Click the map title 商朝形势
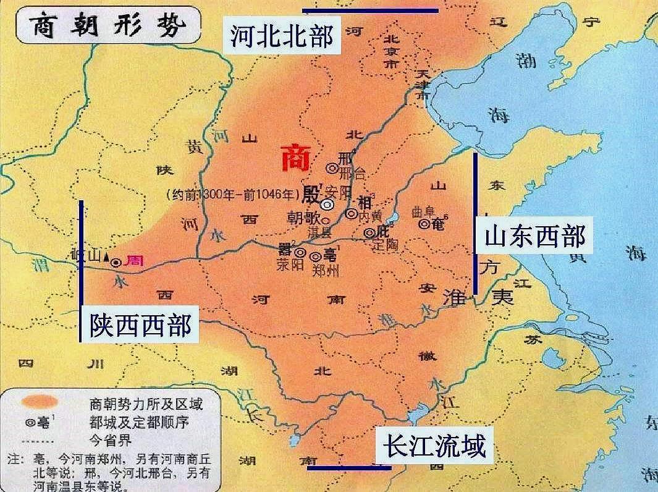tap(106, 25)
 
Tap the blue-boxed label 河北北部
tap(282, 36)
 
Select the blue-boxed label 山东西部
tap(535, 235)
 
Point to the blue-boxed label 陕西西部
tap(140, 324)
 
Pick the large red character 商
tap(295, 159)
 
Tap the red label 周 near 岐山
tap(133, 261)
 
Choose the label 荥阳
tap(290, 265)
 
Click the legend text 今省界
tap(111, 440)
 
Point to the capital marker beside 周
tap(116, 262)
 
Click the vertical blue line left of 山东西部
tap(475, 223)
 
